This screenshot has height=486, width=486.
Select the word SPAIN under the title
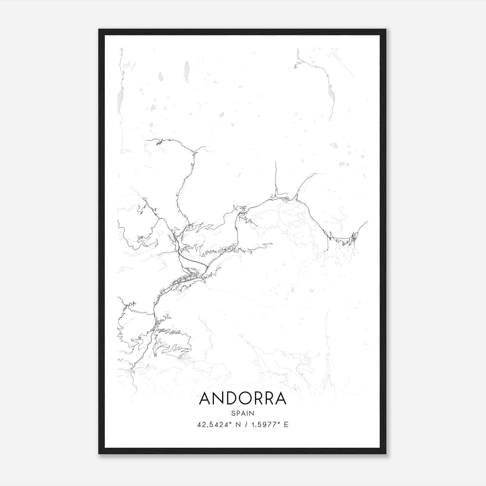coord(242,413)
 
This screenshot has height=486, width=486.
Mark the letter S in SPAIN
coord(233,413)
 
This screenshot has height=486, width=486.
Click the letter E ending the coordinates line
coord(286,425)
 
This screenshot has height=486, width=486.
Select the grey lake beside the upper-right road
coord(332,95)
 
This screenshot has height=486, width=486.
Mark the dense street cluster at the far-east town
coord(354,238)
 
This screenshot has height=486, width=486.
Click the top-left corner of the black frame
coord(99,30)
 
